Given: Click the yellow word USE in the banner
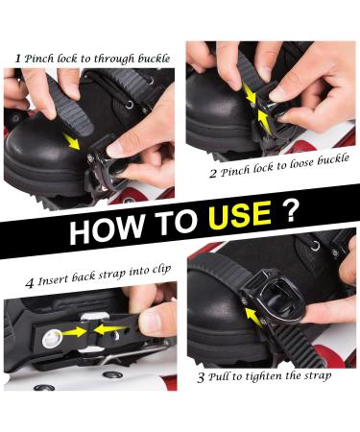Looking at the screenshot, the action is pyautogui.click(x=239, y=215).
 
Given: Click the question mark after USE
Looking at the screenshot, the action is pyautogui.click(x=290, y=210).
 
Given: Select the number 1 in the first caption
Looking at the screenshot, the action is pyautogui.click(x=18, y=59).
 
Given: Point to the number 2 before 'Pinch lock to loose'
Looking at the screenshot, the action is pyautogui.click(x=213, y=174).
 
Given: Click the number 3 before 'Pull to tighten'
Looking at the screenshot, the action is pyautogui.click(x=201, y=377).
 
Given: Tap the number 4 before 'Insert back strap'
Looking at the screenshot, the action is pyautogui.click(x=30, y=283).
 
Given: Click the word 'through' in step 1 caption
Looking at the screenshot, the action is pyautogui.click(x=113, y=59).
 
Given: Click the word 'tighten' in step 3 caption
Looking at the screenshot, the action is pyautogui.click(x=262, y=375).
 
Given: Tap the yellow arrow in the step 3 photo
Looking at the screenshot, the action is pyautogui.click(x=253, y=317).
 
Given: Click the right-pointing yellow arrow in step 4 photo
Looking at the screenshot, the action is pyautogui.click(x=74, y=332).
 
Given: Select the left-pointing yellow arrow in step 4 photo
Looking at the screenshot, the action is pyautogui.click(x=110, y=329).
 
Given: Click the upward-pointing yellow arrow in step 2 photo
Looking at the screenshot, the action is pyautogui.click(x=264, y=122).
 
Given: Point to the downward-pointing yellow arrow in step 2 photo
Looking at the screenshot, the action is pyautogui.click(x=249, y=91).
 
